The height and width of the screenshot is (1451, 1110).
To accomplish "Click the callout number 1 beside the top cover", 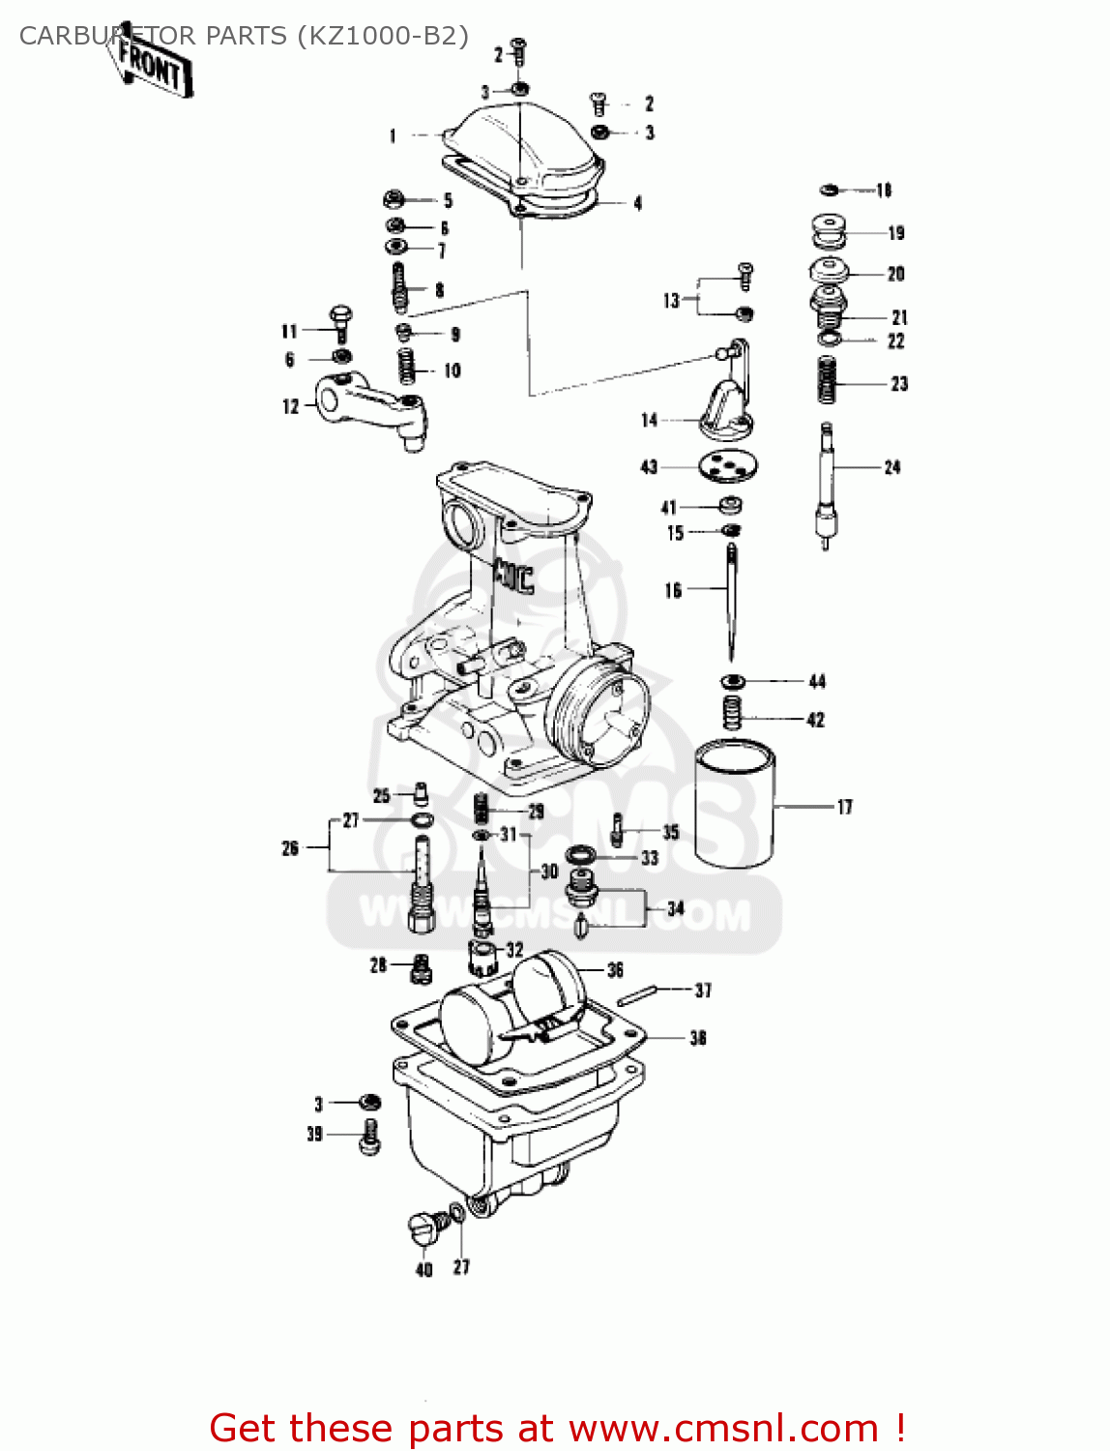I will tap(393, 136).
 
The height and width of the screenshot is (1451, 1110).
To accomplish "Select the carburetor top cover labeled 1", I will tap(527, 155).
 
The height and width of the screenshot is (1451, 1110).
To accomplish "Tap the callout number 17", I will tap(844, 807).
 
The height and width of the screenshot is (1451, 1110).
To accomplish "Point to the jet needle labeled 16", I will tap(732, 600).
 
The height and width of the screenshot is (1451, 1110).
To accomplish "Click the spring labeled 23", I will tap(827, 379).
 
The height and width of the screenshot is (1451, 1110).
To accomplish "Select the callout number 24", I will tap(892, 468).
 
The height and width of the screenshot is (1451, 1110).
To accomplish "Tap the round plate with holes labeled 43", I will tap(728, 466).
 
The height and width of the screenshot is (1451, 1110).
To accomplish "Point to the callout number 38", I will tap(698, 1038).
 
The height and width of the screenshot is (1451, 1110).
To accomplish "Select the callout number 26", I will tap(290, 848).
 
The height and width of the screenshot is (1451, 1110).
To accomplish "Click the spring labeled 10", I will tap(407, 367).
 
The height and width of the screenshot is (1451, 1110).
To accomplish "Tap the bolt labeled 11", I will tap(340, 323).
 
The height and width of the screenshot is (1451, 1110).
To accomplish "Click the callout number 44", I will tap(817, 682).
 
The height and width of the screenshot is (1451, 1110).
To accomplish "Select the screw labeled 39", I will tap(368, 1136).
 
